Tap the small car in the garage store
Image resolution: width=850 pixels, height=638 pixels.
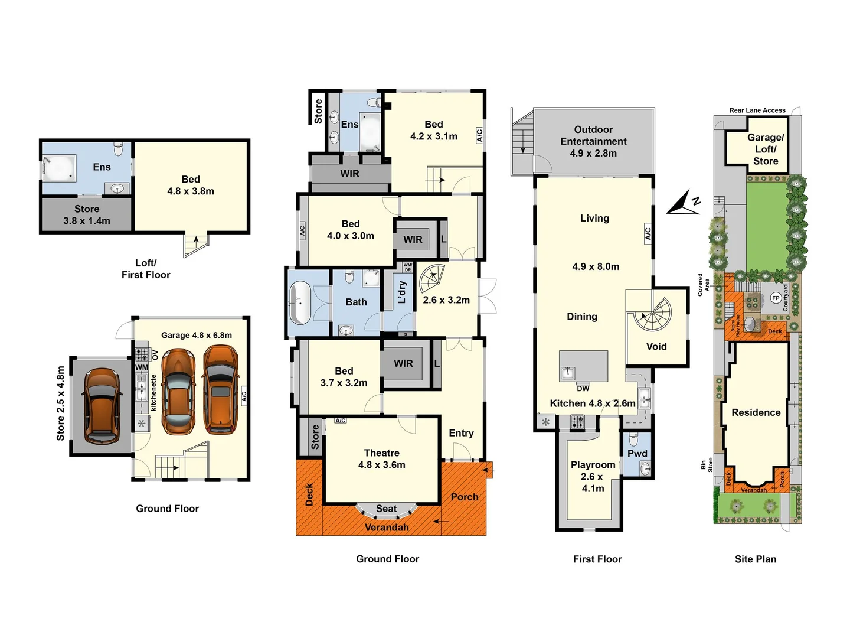click(101, 405)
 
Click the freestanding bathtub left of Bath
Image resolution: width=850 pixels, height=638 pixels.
click(300, 303)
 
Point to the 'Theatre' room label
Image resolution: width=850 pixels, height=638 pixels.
click(381, 453)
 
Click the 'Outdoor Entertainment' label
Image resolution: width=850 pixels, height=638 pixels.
click(593, 135)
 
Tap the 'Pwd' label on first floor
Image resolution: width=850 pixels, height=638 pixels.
click(637, 453)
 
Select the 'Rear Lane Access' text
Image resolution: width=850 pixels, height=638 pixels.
click(757, 110)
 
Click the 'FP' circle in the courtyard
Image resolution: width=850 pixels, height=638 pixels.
click(776, 298)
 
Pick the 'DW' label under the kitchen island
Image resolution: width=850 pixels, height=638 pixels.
click(583, 389)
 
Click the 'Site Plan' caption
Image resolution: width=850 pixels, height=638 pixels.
click(755, 559)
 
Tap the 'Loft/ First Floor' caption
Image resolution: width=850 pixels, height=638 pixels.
click(146, 269)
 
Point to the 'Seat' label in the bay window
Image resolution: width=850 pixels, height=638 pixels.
click(386, 509)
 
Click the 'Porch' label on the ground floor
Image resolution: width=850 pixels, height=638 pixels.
click(465, 497)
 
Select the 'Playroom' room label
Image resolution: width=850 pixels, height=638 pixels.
click(593, 465)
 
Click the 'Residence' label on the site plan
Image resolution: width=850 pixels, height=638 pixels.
click(756, 412)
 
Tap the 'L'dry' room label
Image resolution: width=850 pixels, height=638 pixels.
click(401, 292)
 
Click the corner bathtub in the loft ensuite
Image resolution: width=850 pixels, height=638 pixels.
click(59, 168)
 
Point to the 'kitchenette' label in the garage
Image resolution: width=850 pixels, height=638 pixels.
click(153, 393)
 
